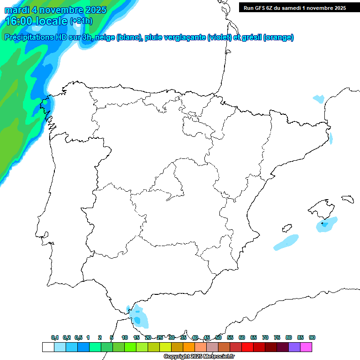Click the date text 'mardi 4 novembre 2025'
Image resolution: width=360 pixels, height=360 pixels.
click(55, 10)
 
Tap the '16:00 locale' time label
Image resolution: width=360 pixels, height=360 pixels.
click(36, 21)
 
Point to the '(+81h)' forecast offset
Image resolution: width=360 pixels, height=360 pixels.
click(81, 21)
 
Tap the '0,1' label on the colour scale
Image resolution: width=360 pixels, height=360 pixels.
click(54, 337)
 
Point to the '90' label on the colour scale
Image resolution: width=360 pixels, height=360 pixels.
click(312, 337)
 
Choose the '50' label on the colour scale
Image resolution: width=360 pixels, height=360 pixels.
click(218, 337)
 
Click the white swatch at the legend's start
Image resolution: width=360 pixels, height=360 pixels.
click(48, 347)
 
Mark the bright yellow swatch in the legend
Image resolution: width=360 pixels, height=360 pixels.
click(165, 347)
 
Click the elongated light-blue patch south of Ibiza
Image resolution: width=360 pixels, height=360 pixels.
click(286, 242)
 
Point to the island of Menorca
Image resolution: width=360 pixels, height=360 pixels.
click(347, 199)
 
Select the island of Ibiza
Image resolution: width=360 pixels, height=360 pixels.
click(287, 228)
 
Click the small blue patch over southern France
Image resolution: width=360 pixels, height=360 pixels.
click(319, 99)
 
